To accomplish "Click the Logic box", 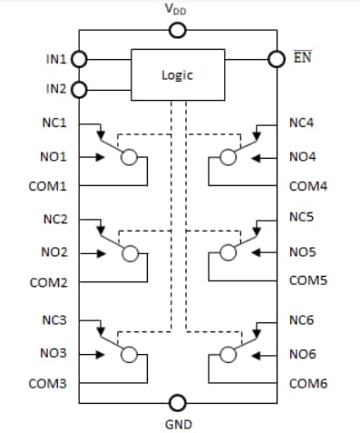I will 178,75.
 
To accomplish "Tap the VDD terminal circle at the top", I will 179,31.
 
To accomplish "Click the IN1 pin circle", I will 79,59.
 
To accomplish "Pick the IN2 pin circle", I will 79,89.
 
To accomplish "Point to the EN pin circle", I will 277,59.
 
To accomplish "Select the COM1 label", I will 51,186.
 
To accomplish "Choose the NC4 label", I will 300,123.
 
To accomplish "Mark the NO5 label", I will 301,252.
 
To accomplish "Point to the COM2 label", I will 51,283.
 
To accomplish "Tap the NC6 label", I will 300,320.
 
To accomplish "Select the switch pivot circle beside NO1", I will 131,157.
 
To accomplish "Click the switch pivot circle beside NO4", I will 228,157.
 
